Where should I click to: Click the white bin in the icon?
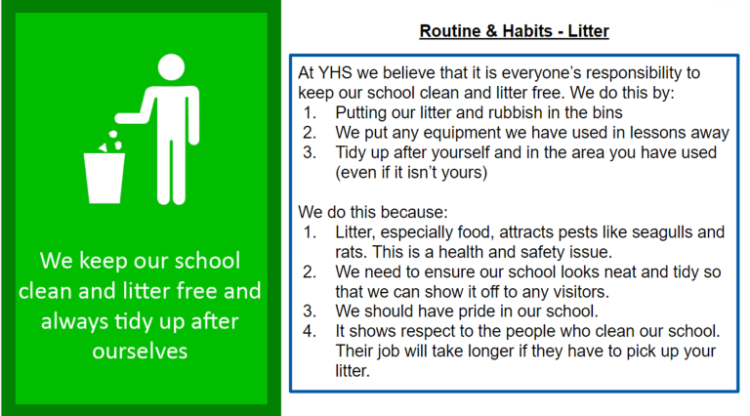104,178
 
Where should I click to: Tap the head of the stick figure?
171,67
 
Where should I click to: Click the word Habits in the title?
527,31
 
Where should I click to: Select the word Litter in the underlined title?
588,31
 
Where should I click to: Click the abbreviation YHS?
335,72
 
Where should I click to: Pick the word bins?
607,112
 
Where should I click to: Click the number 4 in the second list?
309,331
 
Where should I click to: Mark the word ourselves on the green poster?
140,351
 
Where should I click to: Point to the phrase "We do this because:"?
373,212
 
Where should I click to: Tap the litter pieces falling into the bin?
111,142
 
